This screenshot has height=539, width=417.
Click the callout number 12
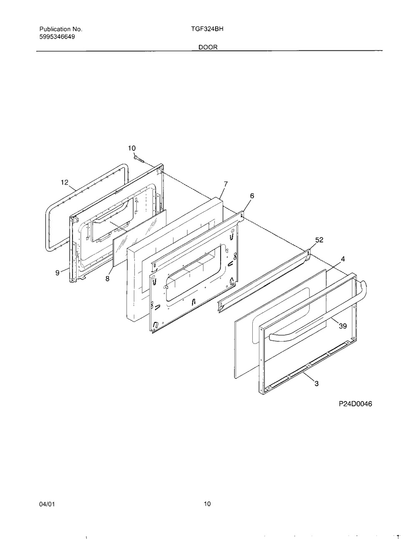(x=65, y=182)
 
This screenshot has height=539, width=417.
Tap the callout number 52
(x=319, y=240)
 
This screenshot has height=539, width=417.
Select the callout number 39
(x=343, y=326)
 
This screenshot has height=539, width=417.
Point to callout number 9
(x=58, y=273)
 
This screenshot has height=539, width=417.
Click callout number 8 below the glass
(x=107, y=279)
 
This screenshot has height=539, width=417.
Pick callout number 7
(x=226, y=184)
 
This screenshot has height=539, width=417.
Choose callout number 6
(x=252, y=196)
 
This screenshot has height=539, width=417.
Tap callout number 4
(x=343, y=259)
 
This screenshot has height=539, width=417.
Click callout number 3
(x=317, y=384)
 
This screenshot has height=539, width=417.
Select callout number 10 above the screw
(x=132, y=148)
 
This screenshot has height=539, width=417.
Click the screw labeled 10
(x=139, y=159)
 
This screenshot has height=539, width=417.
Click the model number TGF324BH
(x=207, y=29)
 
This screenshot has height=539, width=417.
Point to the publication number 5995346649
(x=57, y=37)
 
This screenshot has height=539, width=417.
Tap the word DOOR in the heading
(x=208, y=47)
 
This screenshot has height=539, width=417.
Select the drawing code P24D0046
(x=355, y=404)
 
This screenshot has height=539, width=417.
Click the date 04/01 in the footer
(x=47, y=504)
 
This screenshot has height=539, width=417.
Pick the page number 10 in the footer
(x=207, y=504)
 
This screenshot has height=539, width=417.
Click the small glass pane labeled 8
(x=140, y=238)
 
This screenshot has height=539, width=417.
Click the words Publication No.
(x=61, y=29)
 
